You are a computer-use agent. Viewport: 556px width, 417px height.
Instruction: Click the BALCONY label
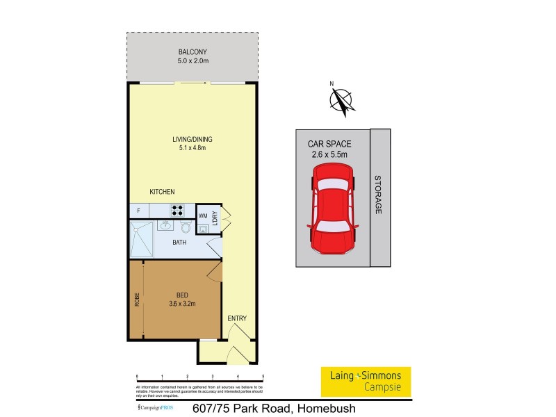pos(193,52)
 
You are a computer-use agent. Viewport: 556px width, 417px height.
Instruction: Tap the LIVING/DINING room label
pos(192,139)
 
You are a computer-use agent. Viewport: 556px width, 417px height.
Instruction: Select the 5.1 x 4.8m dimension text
pos(192,148)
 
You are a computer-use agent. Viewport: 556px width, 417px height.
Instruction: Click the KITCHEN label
pos(162,192)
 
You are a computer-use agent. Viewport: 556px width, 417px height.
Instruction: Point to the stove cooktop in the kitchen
pos(177,211)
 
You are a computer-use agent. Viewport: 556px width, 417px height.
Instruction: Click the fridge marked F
pos(139,211)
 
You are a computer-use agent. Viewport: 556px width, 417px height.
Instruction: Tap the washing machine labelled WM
pos(203,216)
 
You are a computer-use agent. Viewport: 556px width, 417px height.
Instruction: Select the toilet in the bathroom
pos(186,227)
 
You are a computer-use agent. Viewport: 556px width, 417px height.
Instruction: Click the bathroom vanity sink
pos(165,225)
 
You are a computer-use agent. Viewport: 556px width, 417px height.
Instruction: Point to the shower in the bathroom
pos(142,238)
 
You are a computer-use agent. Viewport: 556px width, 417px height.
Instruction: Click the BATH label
pos(179,243)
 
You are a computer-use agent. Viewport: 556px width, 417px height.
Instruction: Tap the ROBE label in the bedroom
pos(137,299)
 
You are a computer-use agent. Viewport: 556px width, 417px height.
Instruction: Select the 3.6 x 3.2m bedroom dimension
pos(182,303)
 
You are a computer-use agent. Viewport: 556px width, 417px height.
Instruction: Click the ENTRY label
pos(237,319)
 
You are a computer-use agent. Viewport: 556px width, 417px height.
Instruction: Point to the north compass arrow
pos(340,99)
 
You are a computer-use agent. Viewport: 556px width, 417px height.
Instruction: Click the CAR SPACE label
pos(329,144)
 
